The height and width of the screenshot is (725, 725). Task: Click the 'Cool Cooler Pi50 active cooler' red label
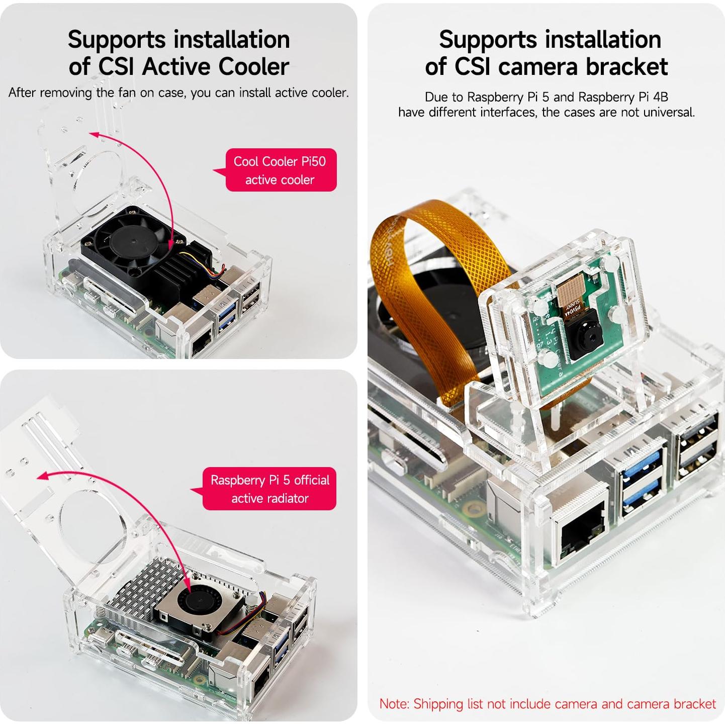click(x=281, y=170)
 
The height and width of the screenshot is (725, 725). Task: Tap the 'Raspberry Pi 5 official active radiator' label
click(x=269, y=489)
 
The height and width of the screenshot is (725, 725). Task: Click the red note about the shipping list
click(x=547, y=703)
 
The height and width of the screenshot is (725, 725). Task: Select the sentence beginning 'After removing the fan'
click(x=178, y=93)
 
